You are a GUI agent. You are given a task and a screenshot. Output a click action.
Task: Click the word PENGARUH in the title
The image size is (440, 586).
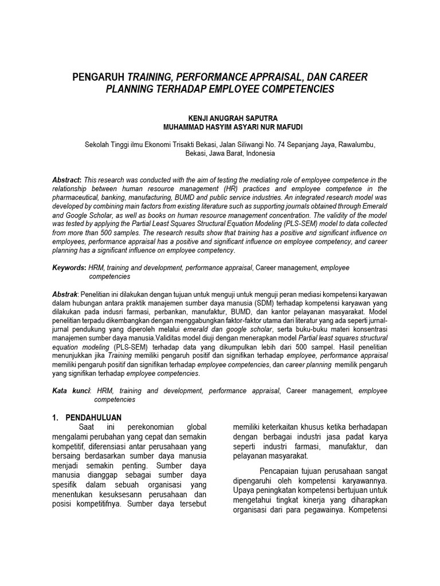pos(99,77)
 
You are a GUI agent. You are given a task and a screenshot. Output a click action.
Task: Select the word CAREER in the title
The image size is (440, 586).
pos(346,77)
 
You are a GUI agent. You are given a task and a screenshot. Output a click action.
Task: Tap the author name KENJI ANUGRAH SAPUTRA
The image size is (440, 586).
pos(220,116)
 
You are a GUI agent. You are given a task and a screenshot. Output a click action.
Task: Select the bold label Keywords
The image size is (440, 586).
pos(68,267)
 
